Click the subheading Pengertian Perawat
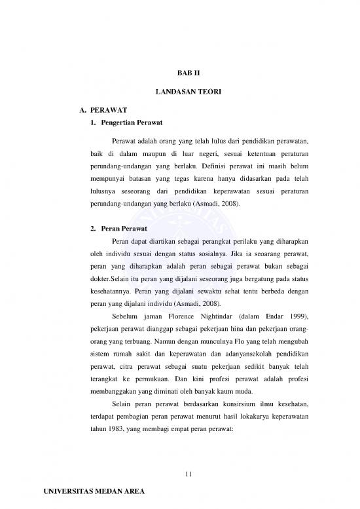click(127, 124)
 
